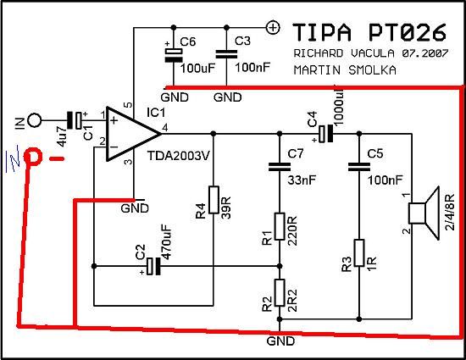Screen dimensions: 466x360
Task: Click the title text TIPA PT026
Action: [369, 32]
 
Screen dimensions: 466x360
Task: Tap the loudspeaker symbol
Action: [424, 213]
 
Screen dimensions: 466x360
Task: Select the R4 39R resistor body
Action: [214, 200]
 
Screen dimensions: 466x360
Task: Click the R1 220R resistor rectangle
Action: [280, 226]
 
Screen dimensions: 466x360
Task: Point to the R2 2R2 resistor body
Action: [280, 292]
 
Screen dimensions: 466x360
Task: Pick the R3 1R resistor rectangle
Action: [359, 252]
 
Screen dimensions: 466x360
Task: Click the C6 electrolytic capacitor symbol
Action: [174, 54]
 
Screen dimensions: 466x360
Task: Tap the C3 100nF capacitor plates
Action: [226, 54]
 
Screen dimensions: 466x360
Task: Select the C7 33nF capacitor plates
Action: [280, 167]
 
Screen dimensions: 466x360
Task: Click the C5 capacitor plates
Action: [359, 167]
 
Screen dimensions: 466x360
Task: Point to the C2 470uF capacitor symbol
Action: [154, 266]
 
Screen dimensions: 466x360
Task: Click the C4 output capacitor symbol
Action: [325, 134]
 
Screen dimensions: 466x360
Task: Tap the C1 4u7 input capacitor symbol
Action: [75, 120]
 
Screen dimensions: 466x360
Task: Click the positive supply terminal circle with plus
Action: [273, 28]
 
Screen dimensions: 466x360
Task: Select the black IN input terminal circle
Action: [35, 120]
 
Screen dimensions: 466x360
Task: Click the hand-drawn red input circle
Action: [32, 157]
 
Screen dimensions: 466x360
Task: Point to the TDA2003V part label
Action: [179, 155]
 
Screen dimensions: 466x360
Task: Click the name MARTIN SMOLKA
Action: [345, 70]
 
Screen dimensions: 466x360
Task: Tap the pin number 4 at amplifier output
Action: [164, 128]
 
